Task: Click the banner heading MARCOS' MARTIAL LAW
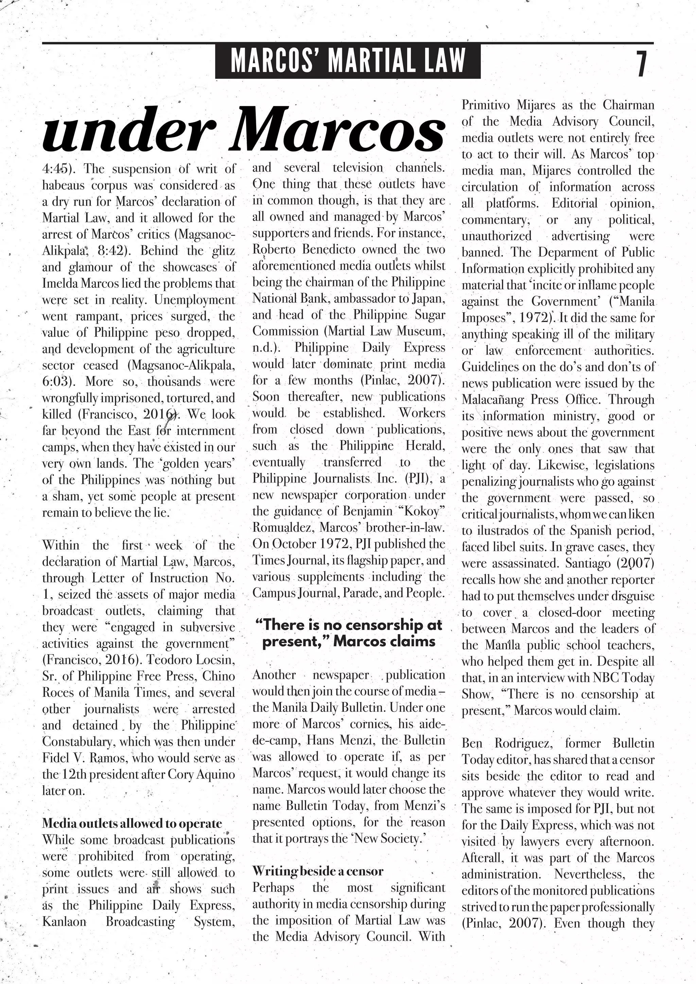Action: pyautogui.click(x=348, y=61)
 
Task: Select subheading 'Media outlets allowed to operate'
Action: pyautogui.click(x=132, y=823)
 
